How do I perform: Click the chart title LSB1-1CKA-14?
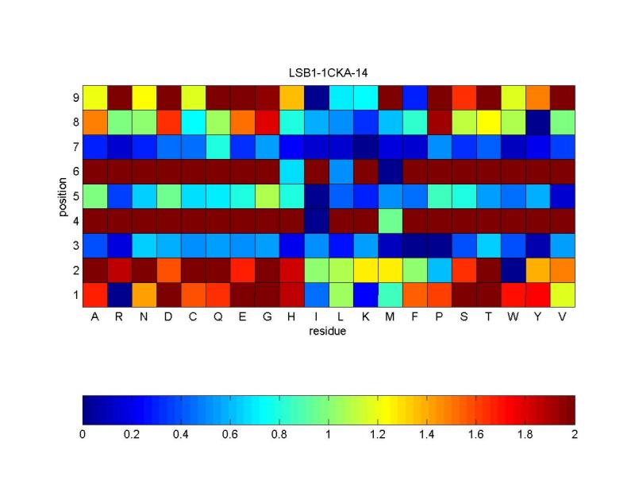coord(329,73)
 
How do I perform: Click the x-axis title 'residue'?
coord(329,332)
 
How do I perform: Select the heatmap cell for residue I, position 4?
coord(316,220)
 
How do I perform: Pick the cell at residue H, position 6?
coord(291,171)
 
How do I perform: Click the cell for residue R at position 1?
coord(119,294)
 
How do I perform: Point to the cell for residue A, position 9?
coord(94,97)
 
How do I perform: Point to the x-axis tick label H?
coord(291,316)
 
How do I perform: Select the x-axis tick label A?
coord(94,316)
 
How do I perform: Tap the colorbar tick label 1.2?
coord(378,435)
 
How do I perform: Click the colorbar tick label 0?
coord(83,435)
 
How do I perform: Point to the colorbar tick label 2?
coord(575,435)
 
